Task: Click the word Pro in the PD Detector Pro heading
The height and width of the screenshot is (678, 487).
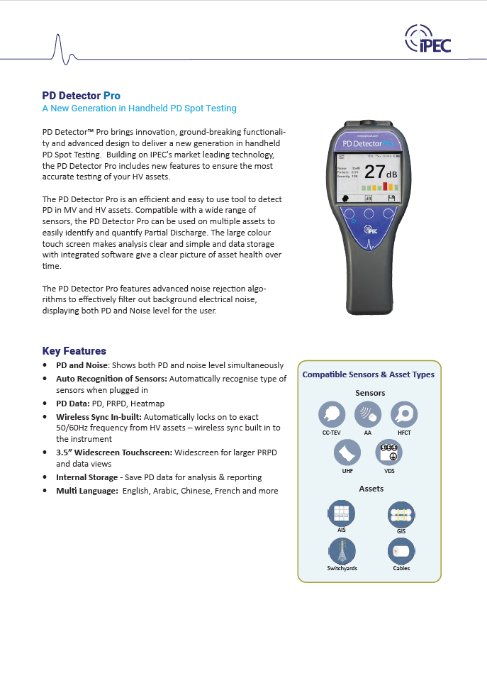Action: coord(112,96)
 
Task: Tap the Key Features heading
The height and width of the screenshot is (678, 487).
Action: coord(74,351)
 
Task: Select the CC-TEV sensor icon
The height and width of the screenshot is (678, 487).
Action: coord(332,413)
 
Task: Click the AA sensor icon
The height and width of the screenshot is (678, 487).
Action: coord(368,413)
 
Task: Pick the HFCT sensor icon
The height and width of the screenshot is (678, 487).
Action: coord(404,413)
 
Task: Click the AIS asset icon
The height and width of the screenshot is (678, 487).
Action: coord(342,513)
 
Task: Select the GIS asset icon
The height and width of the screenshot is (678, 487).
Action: coord(401,513)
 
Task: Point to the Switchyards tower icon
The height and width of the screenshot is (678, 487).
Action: coord(342,550)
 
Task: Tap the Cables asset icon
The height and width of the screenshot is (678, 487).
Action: coord(401,550)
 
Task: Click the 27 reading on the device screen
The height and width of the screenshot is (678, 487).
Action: coord(374,172)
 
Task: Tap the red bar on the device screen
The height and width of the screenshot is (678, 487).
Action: coord(385,187)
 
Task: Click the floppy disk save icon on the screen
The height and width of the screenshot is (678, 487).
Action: coord(391,199)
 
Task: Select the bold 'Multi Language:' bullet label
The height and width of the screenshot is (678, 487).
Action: coord(86,491)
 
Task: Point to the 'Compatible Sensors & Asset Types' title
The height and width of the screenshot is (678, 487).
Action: coord(369,374)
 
